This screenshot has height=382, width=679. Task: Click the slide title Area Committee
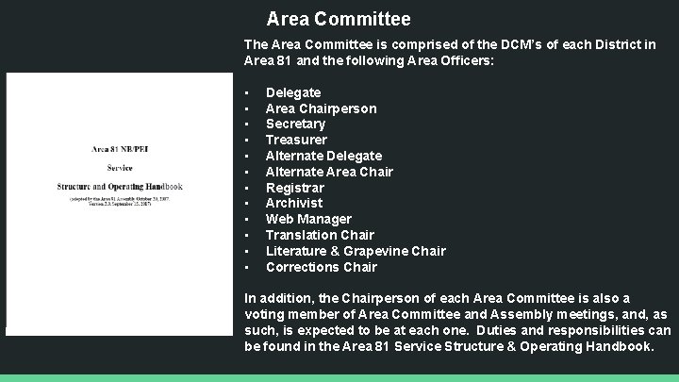pyautogui.click(x=339, y=19)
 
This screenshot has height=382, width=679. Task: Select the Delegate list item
pyautogui.click(x=293, y=92)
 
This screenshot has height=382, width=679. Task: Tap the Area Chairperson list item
pyautogui.click(x=321, y=108)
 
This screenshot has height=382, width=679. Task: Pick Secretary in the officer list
pyautogui.click(x=295, y=124)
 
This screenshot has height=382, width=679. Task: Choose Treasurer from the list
pyautogui.click(x=296, y=140)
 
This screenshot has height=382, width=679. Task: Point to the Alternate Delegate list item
pyautogui.click(x=323, y=156)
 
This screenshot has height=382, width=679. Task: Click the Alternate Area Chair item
pyautogui.click(x=329, y=172)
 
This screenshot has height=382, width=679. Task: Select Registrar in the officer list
pyautogui.click(x=294, y=188)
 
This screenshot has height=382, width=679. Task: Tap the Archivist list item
pyautogui.click(x=294, y=203)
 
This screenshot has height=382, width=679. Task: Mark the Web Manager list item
pyautogui.click(x=308, y=219)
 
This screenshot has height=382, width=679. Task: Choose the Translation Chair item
pyautogui.click(x=320, y=235)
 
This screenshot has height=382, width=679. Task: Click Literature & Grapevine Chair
pyautogui.click(x=356, y=251)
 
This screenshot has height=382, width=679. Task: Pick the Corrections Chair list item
pyautogui.click(x=321, y=267)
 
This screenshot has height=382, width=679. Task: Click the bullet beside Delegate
pyautogui.click(x=246, y=92)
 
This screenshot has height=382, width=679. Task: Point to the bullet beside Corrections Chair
pyautogui.click(x=246, y=267)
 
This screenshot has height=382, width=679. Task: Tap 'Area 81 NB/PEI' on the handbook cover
pyautogui.click(x=119, y=148)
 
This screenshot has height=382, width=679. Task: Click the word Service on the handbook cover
pyautogui.click(x=119, y=168)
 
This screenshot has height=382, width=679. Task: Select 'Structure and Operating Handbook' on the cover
pyautogui.click(x=119, y=187)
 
